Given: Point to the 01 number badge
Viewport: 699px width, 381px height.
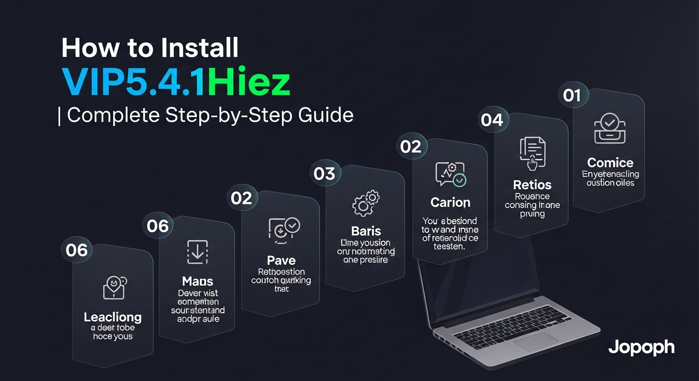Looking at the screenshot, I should tap(572, 95).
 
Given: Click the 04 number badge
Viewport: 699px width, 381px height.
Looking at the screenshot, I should tap(491, 120).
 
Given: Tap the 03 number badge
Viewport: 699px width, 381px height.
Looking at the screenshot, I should tap(324, 174).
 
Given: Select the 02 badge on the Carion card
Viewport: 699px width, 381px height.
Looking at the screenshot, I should tap(411, 146).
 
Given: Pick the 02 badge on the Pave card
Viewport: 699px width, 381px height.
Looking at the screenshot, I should tap(241, 198).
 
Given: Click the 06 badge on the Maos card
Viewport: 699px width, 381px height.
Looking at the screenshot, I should tap(158, 226).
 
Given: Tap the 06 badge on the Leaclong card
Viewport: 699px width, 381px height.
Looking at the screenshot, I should tap(76, 250).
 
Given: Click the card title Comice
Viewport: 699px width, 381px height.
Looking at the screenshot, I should tap(610, 163).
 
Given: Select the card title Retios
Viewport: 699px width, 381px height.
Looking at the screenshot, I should tap(532, 185).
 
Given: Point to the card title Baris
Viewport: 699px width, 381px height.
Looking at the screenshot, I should tap(366, 231).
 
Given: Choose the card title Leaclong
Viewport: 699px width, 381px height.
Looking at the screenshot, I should tap(113, 317).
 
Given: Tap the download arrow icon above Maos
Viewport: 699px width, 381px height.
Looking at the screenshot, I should tap(197, 252).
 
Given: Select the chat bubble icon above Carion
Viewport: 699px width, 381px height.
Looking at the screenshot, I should tap(450, 174).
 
